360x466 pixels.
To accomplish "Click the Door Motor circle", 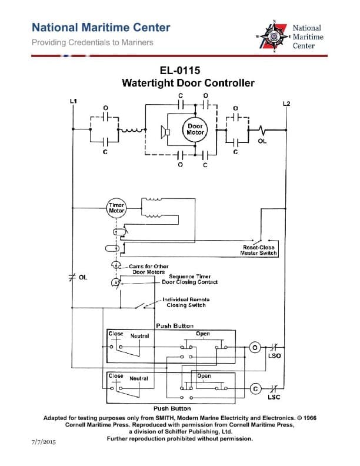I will pos(195,129).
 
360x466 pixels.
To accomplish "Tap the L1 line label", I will pos(73,101).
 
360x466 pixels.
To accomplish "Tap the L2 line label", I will pos(286,104).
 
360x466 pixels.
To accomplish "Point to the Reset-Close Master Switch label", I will pos(259,250).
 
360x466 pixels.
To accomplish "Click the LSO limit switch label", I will pos(274,356).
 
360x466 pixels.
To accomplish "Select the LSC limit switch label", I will pos(274,398).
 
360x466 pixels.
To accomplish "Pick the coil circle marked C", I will pos(255,389).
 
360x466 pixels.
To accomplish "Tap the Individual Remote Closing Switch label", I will pos(186,302).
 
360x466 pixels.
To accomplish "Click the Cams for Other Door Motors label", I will pos(148,269).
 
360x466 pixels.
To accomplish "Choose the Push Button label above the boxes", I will pos(174,325).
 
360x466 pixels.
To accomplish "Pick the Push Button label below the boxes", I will pos(172,408).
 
